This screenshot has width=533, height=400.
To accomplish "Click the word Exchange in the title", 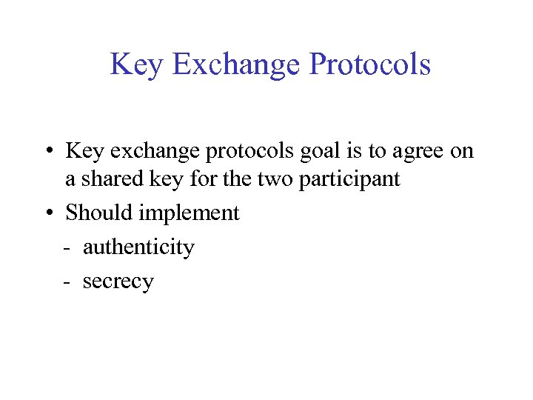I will pyautogui.click(x=236, y=64).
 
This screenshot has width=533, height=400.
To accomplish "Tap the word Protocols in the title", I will pyautogui.click(x=369, y=64).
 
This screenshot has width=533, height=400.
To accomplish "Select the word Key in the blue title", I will pyautogui.click(x=138, y=64).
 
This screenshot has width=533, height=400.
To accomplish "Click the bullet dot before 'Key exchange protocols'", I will pyautogui.click(x=47, y=152).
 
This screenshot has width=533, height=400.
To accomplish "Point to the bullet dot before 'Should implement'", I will pyautogui.click(x=47, y=213).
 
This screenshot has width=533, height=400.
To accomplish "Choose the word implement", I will pyautogui.click(x=190, y=213).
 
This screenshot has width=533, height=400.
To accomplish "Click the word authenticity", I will pyautogui.click(x=138, y=247).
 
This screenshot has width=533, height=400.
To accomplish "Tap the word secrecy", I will pyautogui.click(x=118, y=281).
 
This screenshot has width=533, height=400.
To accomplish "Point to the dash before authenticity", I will pyautogui.click(x=68, y=248).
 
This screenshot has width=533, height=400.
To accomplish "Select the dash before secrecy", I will pyautogui.click(x=68, y=282).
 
